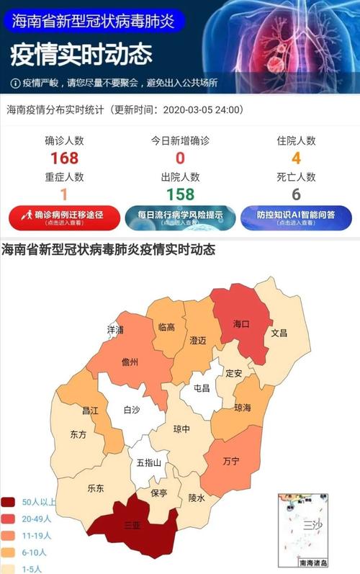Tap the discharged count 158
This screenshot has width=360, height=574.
click(x=180, y=194)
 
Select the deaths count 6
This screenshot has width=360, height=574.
click(x=296, y=194)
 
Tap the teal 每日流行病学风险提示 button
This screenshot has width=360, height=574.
click(x=179, y=218)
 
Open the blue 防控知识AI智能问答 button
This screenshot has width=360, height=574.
click(x=296, y=218)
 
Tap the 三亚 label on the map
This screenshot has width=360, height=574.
click(x=132, y=525)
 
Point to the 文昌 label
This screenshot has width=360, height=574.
click(x=279, y=333)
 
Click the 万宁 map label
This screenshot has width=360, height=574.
click(x=231, y=459)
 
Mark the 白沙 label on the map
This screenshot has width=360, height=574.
click(x=132, y=410)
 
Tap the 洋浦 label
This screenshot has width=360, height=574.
click(x=115, y=329)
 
